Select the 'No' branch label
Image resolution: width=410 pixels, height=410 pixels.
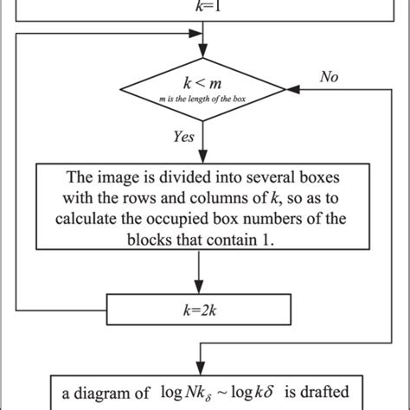(329, 77)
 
